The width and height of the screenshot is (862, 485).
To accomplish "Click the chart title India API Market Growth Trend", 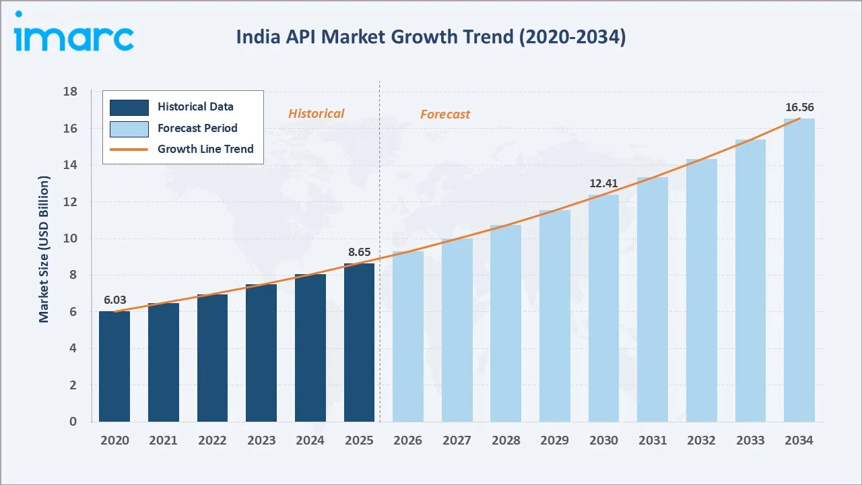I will coord(431,37).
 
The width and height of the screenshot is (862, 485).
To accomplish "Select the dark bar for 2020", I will coord(114,366).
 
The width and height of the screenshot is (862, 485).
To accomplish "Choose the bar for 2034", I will coord(799,270).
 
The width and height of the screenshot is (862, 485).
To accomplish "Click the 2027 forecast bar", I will coord(457,330).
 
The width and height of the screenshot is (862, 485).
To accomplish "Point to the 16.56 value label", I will coord(799,107).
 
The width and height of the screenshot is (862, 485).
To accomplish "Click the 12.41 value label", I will coord(603,183).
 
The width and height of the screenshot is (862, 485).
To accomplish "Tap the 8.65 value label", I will coord(359,252).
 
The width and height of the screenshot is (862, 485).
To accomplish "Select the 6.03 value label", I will coord(114,300).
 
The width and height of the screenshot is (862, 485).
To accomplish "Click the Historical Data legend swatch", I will coord(129,107).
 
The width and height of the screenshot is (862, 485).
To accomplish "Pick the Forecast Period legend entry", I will coord(197,128).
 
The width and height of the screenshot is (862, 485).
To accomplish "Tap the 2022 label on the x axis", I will coord(212,441).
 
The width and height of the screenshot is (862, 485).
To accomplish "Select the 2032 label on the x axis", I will coord(702,441).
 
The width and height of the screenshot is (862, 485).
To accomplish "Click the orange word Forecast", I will coord(445,115).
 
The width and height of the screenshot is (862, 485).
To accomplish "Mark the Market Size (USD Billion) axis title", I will coord(44,249).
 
